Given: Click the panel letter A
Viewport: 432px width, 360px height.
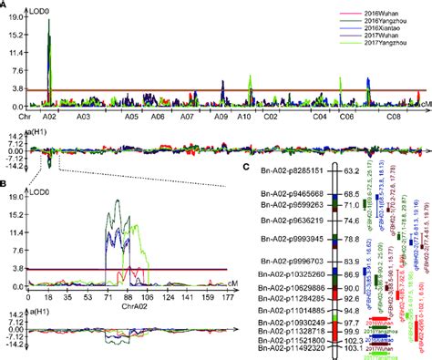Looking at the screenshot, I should [6, 5].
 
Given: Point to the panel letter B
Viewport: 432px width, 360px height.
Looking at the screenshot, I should [6, 184].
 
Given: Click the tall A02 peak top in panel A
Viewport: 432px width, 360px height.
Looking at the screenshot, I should [49, 20].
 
